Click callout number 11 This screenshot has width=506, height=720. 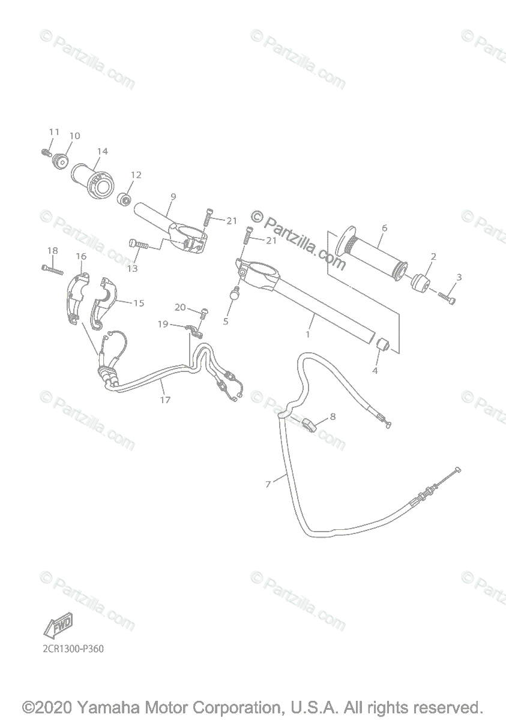click(x=55, y=132)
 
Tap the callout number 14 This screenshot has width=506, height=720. click(x=103, y=151)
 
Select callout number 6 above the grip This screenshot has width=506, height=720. click(x=384, y=228)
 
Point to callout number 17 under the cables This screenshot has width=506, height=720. click(x=166, y=399)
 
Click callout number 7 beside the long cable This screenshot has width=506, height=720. click(x=268, y=484)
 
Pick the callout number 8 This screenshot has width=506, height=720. click(x=333, y=416)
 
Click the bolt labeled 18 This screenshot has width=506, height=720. click(x=53, y=269)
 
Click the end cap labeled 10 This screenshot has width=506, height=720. click(x=61, y=161)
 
